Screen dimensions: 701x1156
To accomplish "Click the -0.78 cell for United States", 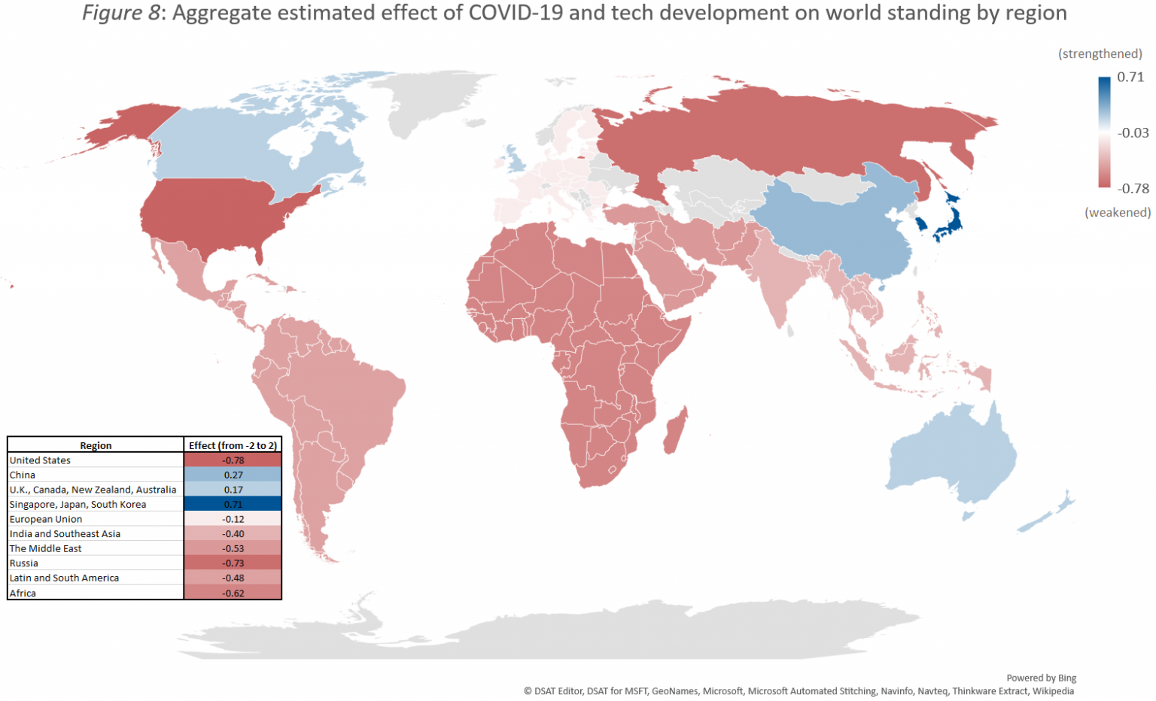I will click(233, 460).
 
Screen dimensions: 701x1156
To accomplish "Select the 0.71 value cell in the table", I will click(233, 505).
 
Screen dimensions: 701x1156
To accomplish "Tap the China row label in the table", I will click(23, 475).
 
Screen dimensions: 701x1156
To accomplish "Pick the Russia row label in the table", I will click(24, 563).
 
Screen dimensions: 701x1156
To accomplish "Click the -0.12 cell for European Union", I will click(233, 520).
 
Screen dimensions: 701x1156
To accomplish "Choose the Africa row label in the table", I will click(23, 593).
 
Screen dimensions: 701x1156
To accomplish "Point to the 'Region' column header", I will click(96, 445).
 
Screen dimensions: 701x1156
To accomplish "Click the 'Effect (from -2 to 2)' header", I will click(233, 445).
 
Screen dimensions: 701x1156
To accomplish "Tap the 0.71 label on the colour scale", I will click(1130, 77).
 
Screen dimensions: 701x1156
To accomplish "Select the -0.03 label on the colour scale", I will click(1133, 133).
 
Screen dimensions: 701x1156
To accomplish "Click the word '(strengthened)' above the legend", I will click(1100, 54).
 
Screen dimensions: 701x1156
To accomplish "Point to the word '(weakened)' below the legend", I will click(1118, 213).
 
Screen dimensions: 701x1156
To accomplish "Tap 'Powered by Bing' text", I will click(1041, 678).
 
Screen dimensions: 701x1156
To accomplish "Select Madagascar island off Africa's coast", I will click(675, 431).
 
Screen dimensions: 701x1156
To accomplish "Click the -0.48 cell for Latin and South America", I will click(233, 578).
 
